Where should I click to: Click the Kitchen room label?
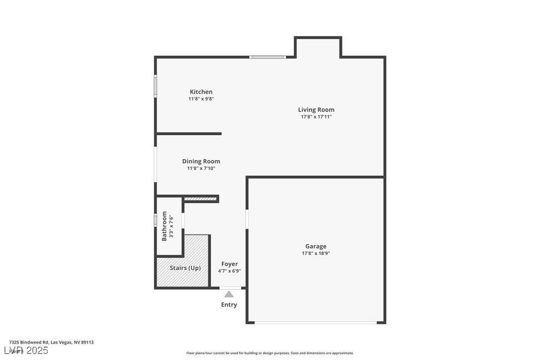point(201,92)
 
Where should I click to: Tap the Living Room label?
point(316,110)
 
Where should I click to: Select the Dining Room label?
point(201,162)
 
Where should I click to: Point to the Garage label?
point(316,246)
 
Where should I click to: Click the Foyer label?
point(229,264)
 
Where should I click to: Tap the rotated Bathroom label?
point(165,227)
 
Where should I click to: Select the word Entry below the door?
point(229,305)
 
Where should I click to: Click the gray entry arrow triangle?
point(229,294)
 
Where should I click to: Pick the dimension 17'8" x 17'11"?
point(316,117)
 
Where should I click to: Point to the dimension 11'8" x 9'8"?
point(201,99)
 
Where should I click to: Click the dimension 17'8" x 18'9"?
point(316,253)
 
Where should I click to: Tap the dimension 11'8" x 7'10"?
point(201,169)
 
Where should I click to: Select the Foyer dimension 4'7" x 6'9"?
point(229,271)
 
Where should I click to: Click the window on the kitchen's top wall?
point(268,57)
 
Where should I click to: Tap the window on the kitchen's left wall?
point(155,86)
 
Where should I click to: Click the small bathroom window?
point(155,220)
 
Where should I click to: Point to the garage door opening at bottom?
point(316,323)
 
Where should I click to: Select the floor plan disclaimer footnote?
point(270,353)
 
